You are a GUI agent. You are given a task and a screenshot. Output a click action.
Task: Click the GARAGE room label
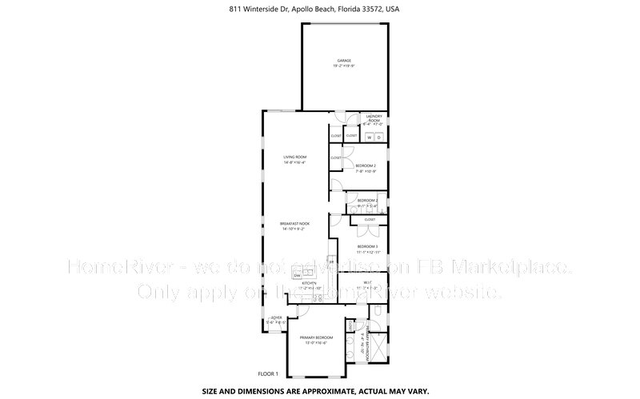[343, 61]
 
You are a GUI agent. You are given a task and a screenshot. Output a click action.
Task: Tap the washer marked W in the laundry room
[370, 138]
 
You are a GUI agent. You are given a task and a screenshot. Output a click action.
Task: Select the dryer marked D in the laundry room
[380, 138]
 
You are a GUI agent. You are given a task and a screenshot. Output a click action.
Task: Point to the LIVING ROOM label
[295, 157]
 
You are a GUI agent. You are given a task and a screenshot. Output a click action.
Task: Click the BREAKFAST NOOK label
[294, 223]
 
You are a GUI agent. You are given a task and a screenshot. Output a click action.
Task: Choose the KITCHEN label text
[310, 282]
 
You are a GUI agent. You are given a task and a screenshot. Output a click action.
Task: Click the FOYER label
[276, 318]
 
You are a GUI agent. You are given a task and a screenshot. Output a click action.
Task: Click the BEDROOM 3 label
[367, 246]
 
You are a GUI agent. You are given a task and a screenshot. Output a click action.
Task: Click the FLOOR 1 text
[267, 373]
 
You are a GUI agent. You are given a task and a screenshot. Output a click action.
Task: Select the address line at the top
[320, 10]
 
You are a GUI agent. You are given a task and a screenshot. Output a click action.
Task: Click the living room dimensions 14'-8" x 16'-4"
[295, 162]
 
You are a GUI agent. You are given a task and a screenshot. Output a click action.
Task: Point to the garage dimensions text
[343, 66]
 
